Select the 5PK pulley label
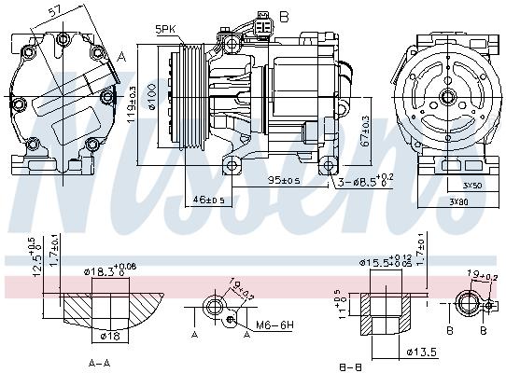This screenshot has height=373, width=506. coord(165,30)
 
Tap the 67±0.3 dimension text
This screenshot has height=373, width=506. coord(365,135)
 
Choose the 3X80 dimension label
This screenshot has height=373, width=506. coord(458,201)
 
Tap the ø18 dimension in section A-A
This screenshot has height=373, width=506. coord(108,334)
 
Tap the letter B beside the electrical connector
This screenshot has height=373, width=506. coord(285,16)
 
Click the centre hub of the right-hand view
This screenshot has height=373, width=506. coord(449,95)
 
